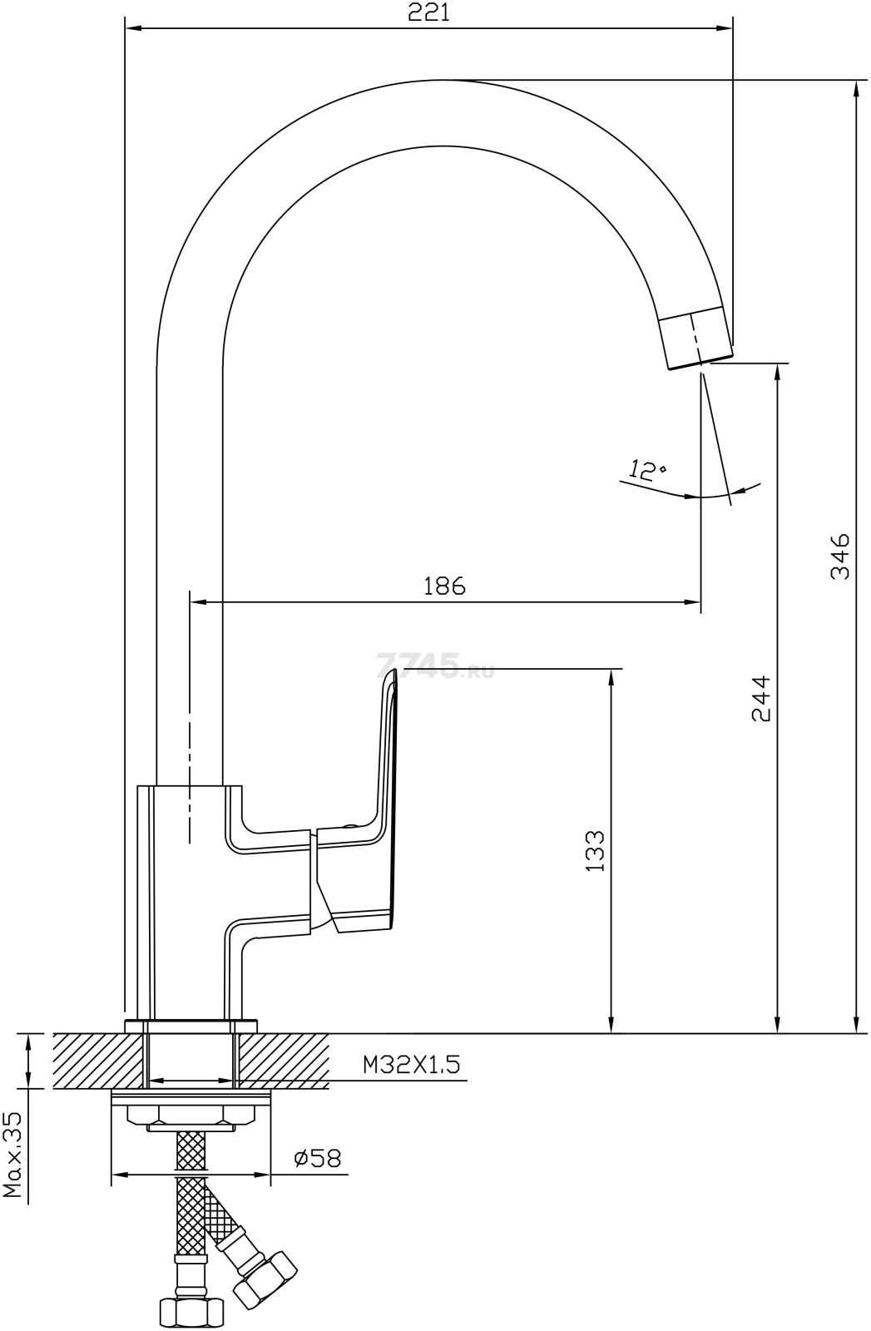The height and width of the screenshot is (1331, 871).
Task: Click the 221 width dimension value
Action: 428,13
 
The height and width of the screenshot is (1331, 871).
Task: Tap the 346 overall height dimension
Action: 840,557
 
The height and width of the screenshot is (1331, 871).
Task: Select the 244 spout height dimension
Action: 761,698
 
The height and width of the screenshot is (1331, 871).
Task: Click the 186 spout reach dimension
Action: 444,586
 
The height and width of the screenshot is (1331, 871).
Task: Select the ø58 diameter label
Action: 318,1157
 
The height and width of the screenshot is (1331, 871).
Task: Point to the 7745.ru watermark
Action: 436,666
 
